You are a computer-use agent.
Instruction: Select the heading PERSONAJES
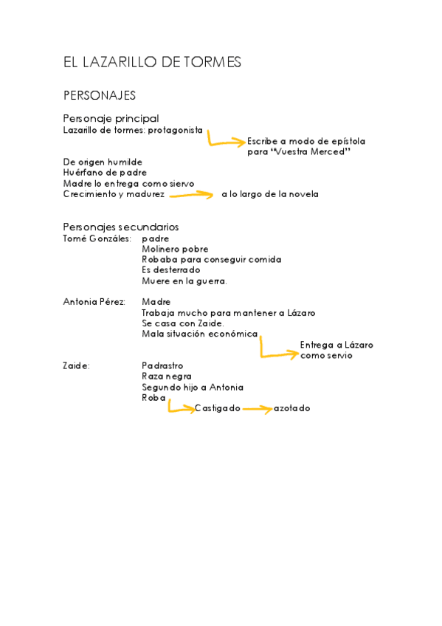(100, 95)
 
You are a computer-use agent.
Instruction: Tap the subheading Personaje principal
(111, 118)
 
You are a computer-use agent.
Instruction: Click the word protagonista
(175, 130)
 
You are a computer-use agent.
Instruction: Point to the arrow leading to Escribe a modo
(224, 140)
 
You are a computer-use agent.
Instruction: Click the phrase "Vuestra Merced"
(310, 152)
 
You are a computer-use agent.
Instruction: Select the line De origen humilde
(103, 162)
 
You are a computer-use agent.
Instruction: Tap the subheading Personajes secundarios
(120, 227)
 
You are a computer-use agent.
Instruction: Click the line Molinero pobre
(175, 250)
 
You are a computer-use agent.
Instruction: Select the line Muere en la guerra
(184, 281)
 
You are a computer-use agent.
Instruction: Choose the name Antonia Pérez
(94, 302)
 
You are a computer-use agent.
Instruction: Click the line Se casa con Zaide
(182, 323)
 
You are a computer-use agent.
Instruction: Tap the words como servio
(326, 356)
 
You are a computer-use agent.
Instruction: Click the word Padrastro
(162, 366)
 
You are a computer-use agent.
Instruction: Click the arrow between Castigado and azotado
(256, 409)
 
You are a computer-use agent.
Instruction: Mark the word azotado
(291, 408)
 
